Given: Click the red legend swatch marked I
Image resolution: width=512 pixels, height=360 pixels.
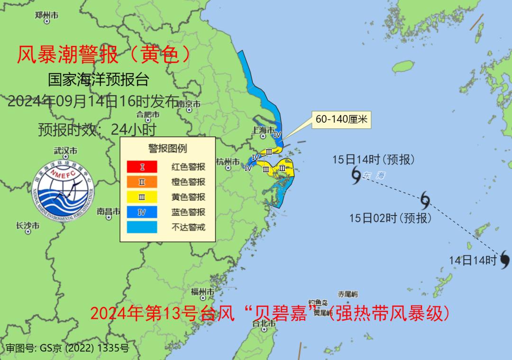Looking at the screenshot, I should (x=142, y=167).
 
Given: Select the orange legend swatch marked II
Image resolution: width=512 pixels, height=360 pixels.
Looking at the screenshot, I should (x=142, y=182).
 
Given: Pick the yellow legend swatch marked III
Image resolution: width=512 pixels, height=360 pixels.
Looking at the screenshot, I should (x=142, y=197).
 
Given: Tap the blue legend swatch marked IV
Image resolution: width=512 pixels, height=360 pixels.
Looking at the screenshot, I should (x=142, y=212).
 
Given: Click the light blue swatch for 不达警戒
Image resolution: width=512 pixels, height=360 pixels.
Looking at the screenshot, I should (x=142, y=227).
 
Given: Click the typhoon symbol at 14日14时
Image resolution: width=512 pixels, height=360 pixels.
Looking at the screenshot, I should (x=504, y=259).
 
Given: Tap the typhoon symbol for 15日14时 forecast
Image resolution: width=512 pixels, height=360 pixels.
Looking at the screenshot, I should (x=357, y=175).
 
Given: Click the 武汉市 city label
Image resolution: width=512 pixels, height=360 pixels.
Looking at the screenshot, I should (x=65, y=151).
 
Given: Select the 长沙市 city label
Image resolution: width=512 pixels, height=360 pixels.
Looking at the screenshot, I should (x=27, y=225).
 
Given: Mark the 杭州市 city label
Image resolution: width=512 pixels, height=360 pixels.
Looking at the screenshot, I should (x=227, y=161).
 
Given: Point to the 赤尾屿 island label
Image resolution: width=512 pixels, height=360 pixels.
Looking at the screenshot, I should (x=347, y=294).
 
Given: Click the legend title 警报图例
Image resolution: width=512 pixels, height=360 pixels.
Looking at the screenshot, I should (x=167, y=148).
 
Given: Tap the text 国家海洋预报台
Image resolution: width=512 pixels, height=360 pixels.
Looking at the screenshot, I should (x=98, y=80).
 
